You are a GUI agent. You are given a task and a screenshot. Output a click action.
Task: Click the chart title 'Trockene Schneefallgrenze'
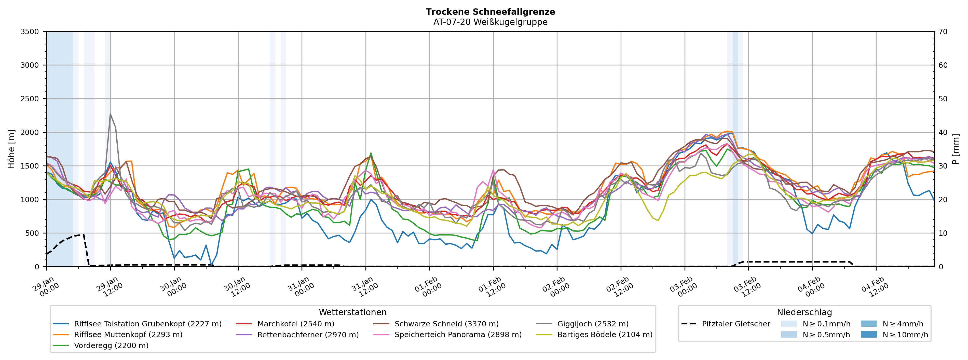[490, 12]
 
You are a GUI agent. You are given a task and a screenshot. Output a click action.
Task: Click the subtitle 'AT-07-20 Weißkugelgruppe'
[490, 22]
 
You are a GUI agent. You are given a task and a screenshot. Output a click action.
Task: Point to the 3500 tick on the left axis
[30, 32]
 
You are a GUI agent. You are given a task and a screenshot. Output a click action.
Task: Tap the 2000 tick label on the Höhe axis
[30, 132]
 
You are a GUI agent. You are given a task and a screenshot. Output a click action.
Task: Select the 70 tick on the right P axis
[943, 32]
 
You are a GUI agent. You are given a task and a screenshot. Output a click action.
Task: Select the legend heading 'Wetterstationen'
[352, 312]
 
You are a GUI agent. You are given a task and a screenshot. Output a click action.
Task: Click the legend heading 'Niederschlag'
[804, 312]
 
